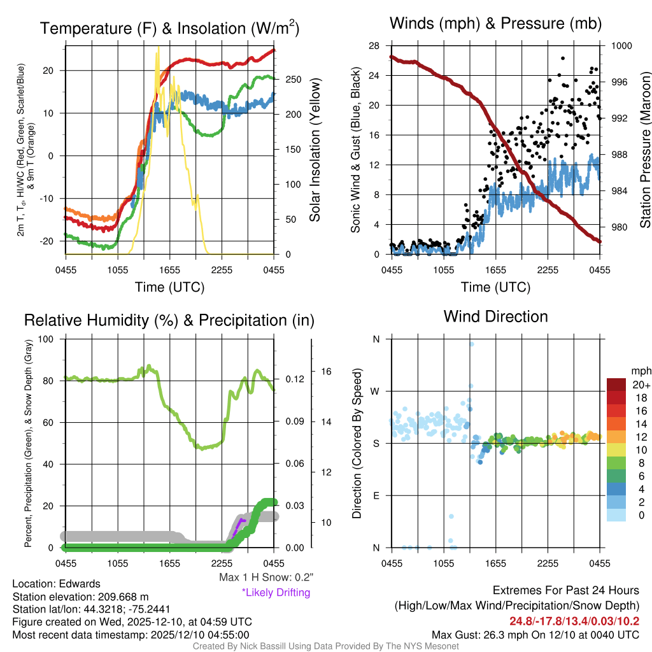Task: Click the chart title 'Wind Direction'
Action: [x=495, y=316]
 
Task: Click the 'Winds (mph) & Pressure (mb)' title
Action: [x=495, y=24]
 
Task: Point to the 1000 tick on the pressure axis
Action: [x=620, y=46]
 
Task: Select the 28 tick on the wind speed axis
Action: [x=374, y=46]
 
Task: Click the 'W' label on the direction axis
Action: [x=376, y=391]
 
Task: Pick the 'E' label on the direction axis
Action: [x=376, y=495]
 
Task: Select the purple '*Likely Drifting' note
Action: [x=276, y=593]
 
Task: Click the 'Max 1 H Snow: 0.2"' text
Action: [x=266, y=578]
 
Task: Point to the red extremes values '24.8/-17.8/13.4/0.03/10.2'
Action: [x=574, y=621]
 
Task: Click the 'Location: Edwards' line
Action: [x=56, y=583]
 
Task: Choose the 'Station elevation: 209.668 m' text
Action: [x=80, y=597]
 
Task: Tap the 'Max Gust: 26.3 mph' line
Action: [x=535, y=634]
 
